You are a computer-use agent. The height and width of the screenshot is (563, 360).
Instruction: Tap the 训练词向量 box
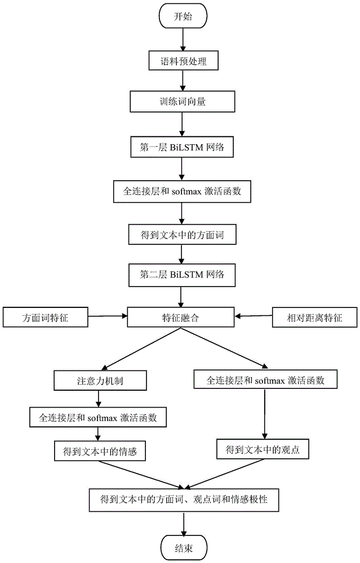pos(181,102)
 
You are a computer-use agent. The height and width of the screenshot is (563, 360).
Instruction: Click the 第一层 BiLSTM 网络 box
pos(181,148)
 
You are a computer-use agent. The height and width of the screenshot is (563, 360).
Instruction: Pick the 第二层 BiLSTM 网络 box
pos(181,275)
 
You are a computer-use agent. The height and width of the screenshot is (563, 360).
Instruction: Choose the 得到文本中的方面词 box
pos(181,236)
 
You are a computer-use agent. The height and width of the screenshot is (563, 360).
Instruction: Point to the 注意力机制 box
pos(100,381)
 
